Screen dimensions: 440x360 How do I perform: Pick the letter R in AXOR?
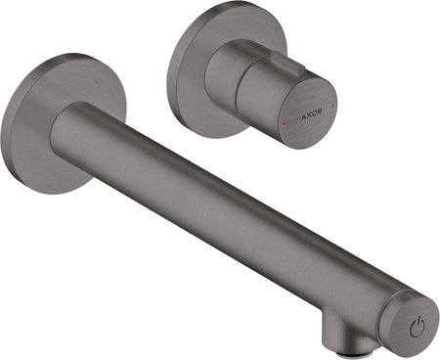(320, 112)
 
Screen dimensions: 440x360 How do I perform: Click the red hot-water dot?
(284, 124)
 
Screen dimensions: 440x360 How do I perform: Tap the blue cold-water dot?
(332, 106)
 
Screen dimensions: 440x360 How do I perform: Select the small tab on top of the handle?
(289, 62)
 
